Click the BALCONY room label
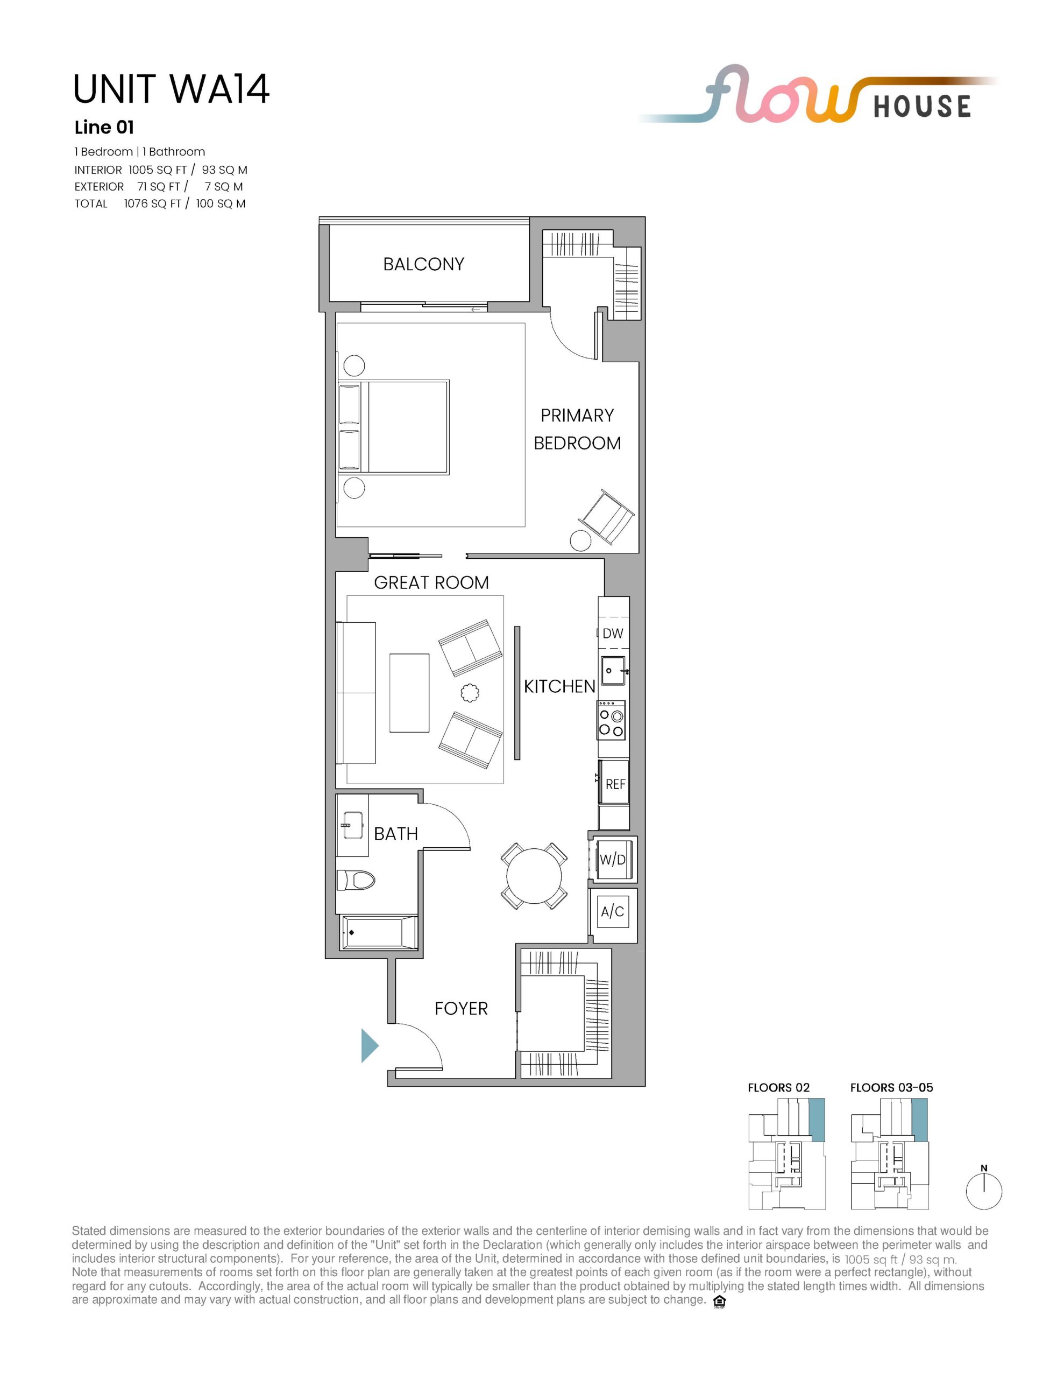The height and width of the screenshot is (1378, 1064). (423, 264)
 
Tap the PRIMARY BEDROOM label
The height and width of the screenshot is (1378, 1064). (577, 429)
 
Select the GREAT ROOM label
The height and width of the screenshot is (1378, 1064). (431, 582)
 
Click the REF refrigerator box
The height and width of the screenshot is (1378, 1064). (614, 783)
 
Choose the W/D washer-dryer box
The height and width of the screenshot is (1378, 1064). (612, 859)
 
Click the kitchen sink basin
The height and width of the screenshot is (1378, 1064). (613, 670)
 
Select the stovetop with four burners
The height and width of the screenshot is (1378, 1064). (611, 720)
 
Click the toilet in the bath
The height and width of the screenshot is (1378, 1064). (355, 879)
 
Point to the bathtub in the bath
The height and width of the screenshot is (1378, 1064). (378, 932)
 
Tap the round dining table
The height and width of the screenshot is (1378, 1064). (534, 876)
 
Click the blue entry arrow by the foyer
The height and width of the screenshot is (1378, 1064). (370, 1045)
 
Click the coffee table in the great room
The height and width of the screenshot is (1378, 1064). (409, 693)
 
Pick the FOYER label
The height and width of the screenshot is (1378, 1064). (461, 1008)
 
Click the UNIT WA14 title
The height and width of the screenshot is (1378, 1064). (172, 89)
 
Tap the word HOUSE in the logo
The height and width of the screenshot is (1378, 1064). (922, 107)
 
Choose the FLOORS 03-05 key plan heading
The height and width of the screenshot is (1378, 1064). (891, 1087)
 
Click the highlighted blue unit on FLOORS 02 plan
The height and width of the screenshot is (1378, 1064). (817, 1119)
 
